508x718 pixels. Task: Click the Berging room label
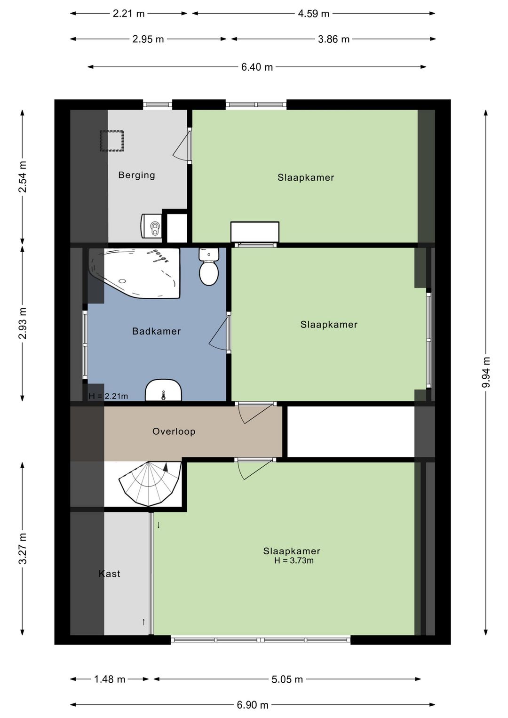(x=136, y=175)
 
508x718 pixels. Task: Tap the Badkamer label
(x=157, y=331)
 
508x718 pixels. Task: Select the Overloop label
(x=174, y=431)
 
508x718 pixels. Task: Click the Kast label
(x=109, y=574)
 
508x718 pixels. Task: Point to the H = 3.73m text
(x=294, y=560)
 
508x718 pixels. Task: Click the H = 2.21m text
(x=108, y=396)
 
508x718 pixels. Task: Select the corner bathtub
(x=134, y=273)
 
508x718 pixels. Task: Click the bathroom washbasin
(x=164, y=390)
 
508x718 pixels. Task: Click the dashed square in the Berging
(x=112, y=141)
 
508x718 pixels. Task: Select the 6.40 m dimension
(x=257, y=67)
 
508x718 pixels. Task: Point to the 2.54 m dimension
(x=23, y=176)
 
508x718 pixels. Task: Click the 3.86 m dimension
(x=333, y=39)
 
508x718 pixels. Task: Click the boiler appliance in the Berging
(x=151, y=226)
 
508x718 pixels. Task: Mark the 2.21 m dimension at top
(x=128, y=14)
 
